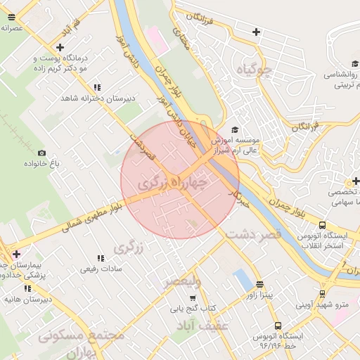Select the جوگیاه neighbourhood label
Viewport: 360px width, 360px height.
pos(254,70)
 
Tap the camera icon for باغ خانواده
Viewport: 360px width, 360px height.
pos(41,153)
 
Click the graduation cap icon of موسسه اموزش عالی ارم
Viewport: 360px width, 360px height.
pos(234,129)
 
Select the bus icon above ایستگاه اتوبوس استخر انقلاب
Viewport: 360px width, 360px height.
pos(322,225)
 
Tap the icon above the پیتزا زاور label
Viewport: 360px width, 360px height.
pos(260,284)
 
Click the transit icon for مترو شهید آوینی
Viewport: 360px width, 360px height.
pos(322,294)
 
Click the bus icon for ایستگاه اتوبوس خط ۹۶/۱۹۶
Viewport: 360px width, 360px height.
pos(278,326)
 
